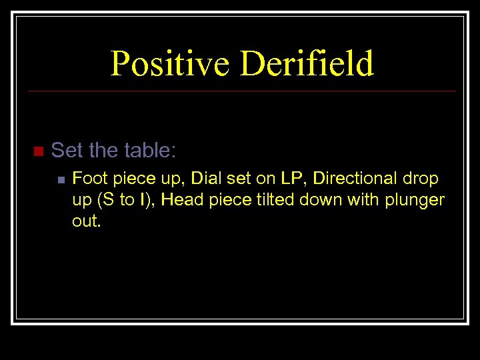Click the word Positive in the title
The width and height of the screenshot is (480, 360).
(x=170, y=64)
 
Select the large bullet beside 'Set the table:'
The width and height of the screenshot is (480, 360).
(x=37, y=151)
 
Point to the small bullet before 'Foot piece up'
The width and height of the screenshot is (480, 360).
(x=60, y=179)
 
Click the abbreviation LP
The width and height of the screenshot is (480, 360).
(x=291, y=179)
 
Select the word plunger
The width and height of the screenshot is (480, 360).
(x=415, y=201)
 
